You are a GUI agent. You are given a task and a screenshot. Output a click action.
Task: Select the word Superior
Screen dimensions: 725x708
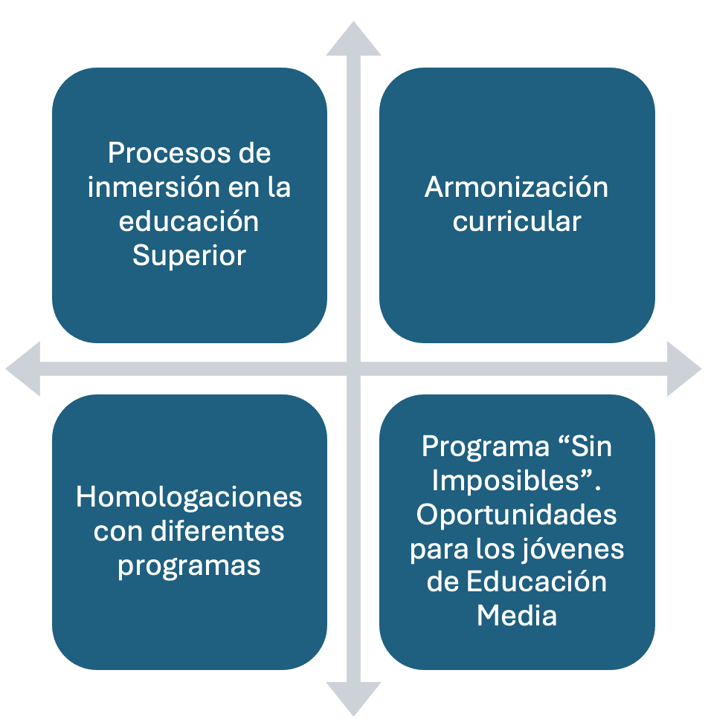point(189,256)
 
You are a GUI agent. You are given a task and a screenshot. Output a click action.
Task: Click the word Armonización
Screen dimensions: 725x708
point(516,187)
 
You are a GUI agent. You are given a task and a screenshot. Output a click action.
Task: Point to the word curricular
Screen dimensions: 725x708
point(516,221)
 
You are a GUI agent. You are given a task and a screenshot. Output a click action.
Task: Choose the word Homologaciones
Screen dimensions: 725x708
point(189,497)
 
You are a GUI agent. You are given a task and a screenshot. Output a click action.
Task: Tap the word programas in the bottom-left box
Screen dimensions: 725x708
point(189,566)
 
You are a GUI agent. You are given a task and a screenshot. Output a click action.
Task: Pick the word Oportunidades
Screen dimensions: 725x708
point(516,515)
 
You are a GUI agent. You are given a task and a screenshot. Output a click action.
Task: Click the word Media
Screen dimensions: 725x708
point(516,616)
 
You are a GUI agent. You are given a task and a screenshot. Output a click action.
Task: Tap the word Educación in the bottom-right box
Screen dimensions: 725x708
point(536,582)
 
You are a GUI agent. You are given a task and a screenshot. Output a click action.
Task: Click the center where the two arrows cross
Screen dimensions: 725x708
point(354,368)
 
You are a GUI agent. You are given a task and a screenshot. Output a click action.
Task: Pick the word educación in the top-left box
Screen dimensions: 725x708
point(189,221)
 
